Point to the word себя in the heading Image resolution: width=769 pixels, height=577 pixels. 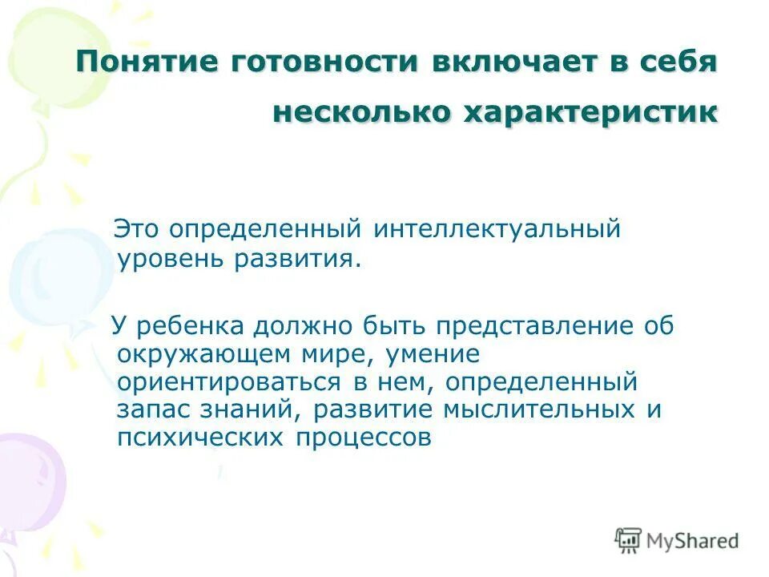pos(675,63)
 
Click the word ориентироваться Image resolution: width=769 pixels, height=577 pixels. pos(225,381)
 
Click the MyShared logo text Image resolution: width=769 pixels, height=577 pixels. pos(693,540)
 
